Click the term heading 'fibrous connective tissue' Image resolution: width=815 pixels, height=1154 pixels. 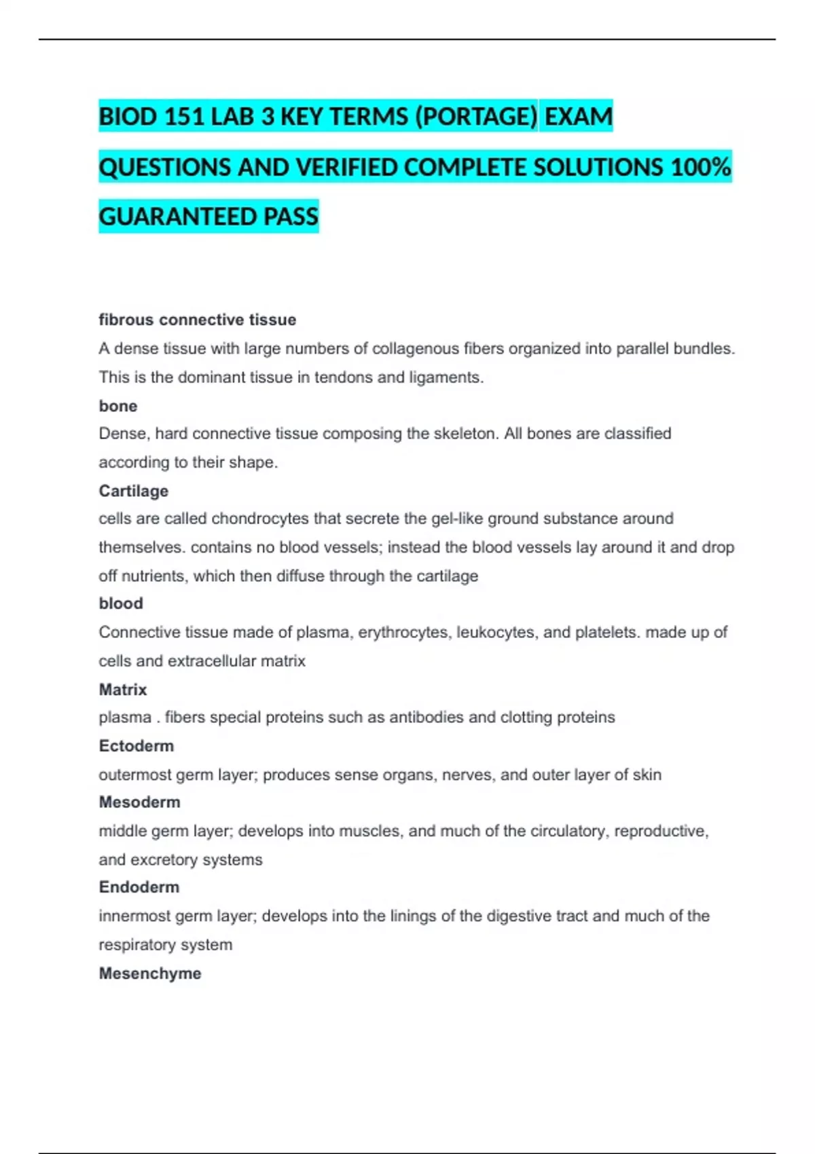[x=197, y=320]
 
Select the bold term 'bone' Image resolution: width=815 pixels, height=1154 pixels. [x=118, y=406]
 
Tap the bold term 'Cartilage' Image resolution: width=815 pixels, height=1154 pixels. [x=134, y=491]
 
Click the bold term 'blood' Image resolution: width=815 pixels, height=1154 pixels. [x=121, y=603]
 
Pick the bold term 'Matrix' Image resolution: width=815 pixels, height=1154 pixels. [x=123, y=689]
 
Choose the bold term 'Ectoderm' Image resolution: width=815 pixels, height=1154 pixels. [x=137, y=745]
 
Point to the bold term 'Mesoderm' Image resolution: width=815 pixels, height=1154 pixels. [x=140, y=802]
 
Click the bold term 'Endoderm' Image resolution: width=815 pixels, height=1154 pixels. [x=139, y=887]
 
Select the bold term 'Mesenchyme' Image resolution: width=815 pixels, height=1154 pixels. [x=150, y=973]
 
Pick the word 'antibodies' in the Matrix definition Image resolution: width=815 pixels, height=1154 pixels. [x=426, y=718]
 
